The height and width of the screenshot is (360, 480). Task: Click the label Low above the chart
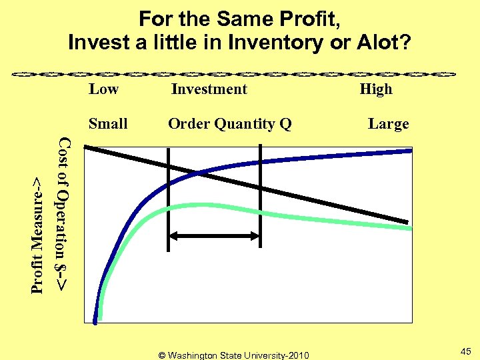[x=103, y=89]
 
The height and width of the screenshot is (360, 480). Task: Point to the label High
[x=376, y=89]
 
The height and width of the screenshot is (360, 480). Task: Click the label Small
[x=108, y=124]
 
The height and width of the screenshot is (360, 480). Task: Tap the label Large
[x=389, y=124]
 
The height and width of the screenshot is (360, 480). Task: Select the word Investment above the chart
[x=209, y=89]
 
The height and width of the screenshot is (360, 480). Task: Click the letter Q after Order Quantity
[x=285, y=124]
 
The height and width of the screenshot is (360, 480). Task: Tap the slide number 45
[x=465, y=351]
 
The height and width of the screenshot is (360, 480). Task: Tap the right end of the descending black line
[x=407, y=222]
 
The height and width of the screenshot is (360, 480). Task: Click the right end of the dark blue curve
[x=411, y=151]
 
